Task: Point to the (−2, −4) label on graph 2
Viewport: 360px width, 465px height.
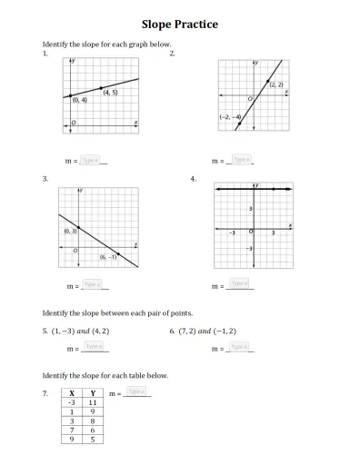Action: (x=229, y=117)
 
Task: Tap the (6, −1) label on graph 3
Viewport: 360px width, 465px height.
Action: (x=109, y=257)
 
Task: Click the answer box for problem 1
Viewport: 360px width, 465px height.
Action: (x=89, y=160)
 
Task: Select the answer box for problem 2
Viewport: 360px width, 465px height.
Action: (x=240, y=160)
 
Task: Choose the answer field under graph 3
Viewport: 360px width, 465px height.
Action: (x=93, y=284)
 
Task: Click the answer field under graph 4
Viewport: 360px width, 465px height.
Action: (x=239, y=284)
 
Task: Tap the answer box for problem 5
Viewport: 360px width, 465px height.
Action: (x=94, y=346)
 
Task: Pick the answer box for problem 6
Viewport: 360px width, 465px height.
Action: (x=238, y=346)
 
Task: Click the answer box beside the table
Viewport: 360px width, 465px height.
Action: (x=136, y=391)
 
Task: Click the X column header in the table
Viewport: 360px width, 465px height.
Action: (x=71, y=393)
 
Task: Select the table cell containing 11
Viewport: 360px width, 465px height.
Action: (x=93, y=402)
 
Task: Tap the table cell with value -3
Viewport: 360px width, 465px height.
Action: (x=71, y=402)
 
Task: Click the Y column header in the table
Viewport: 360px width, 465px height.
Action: (x=93, y=393)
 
